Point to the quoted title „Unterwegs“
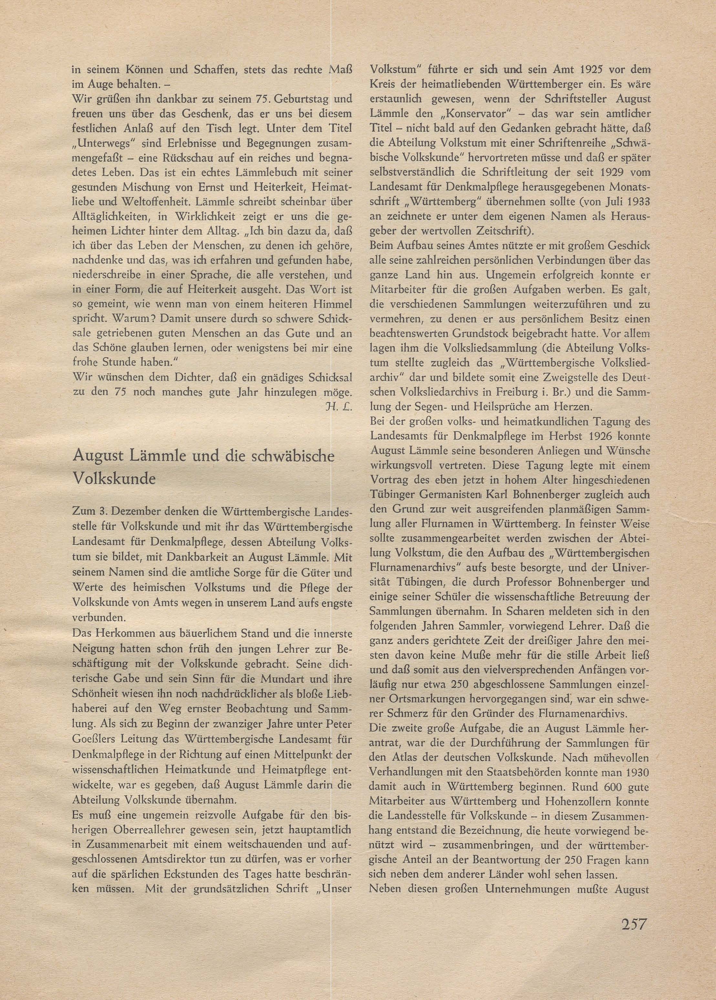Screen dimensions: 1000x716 coord(101,144)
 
